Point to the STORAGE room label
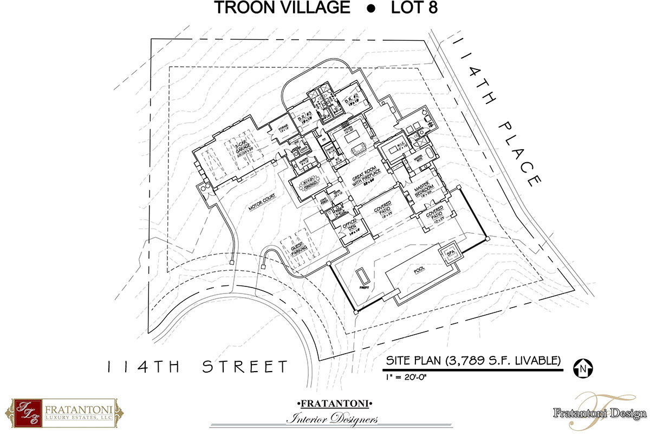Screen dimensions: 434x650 tap(283, 131)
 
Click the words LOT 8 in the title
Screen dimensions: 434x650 tap(420, 9)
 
